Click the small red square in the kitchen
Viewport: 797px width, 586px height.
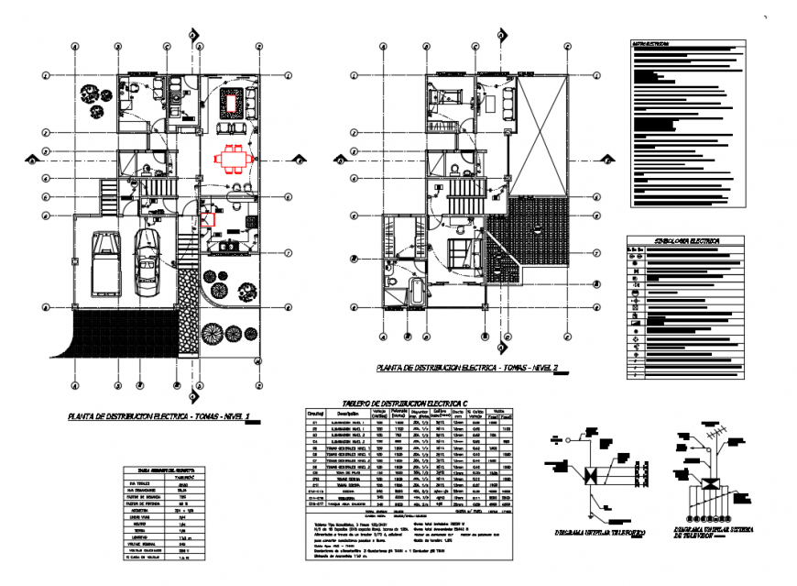(209, 219)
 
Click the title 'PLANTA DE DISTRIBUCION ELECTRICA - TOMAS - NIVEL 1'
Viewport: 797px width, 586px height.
(161, 416)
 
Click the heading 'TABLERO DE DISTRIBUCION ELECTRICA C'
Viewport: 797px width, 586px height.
(403, 402)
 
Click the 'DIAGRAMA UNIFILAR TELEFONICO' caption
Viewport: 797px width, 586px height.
(594, 531)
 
